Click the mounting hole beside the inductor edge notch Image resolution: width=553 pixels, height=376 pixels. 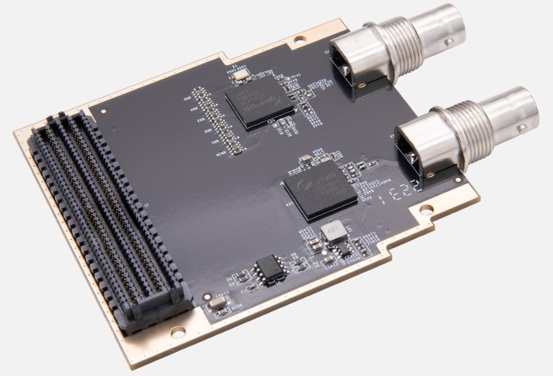coord(423,209)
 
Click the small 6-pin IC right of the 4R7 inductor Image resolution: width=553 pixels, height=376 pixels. coord(358,246)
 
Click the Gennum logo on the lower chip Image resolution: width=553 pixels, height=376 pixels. coord(314,186)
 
